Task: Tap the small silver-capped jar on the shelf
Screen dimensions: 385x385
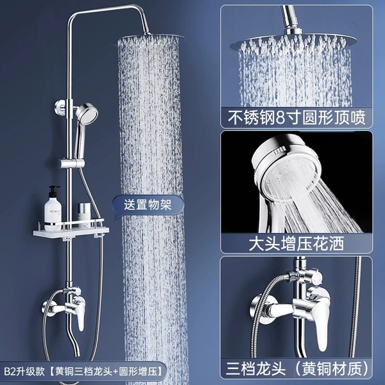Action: pos(84,212)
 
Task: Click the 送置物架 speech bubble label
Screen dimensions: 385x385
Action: pos(148,205)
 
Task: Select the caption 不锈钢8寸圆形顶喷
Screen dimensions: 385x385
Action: pos(296,117)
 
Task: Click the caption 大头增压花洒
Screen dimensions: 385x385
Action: pos(296,243)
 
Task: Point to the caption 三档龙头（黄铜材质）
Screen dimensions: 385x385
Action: pos(297,369)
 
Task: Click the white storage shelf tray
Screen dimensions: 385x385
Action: pos(71,232)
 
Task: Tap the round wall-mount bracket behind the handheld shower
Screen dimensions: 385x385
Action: pos(60,107)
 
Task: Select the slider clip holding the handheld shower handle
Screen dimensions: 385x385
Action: pos(73,163)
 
